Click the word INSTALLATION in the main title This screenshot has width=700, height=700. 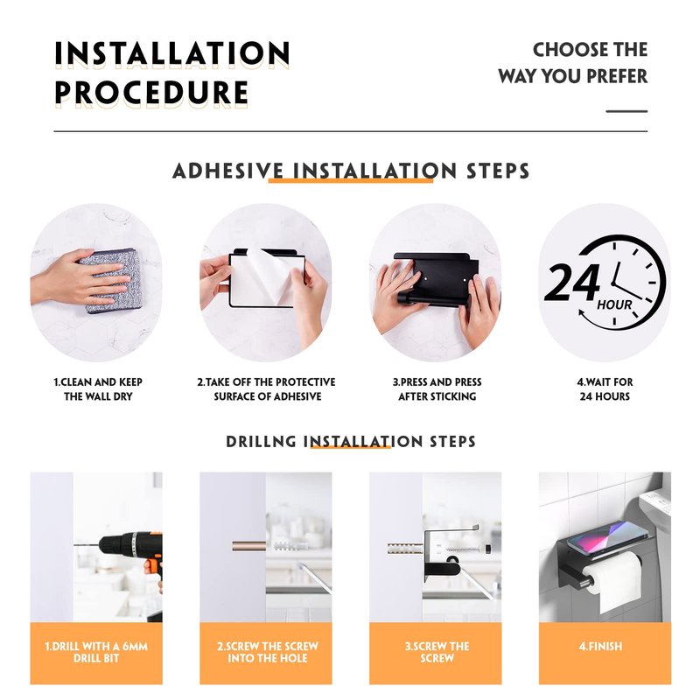172,53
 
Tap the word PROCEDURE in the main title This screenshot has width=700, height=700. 151,93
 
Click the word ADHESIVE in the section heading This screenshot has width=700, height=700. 228,171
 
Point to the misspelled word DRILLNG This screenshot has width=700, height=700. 261,442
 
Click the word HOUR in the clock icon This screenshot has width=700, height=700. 615,305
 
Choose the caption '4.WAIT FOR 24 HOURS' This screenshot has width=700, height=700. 605,389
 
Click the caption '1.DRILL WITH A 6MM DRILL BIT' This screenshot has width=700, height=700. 96,652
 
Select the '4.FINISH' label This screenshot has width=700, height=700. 600,647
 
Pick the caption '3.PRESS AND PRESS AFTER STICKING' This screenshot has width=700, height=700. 437,389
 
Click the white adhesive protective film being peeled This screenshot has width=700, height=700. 267,279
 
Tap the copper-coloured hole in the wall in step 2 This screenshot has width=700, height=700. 248,546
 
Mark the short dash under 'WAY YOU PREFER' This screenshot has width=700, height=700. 626,111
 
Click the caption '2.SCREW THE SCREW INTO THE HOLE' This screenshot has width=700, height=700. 268,652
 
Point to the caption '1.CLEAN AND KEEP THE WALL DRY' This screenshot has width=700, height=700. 98,389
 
